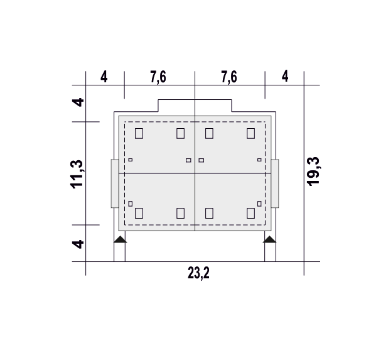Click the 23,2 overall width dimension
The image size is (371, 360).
198,273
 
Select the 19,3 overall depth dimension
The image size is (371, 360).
313,172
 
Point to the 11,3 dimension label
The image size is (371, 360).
77,174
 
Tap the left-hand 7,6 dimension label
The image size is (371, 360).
158,77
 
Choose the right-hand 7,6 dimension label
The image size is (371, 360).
229,77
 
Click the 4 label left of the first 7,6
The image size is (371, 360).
104,77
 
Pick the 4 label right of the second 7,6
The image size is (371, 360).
285,76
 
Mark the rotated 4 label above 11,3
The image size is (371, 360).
78,102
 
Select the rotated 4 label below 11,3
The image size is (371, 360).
78,244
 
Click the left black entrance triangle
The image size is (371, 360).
120,239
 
